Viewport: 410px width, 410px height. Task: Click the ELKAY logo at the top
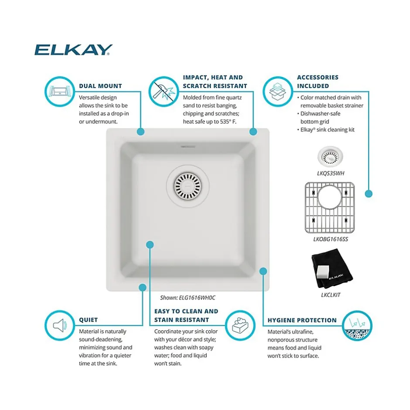pos(73,50)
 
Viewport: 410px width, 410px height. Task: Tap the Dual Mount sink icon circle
pos(60,92)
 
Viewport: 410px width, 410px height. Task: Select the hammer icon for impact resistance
pos(164,92)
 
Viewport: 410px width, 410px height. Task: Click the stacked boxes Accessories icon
pos(278,92)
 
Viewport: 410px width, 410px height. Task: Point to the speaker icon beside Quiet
pos(60,325)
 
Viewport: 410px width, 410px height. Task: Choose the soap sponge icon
pos(240,325)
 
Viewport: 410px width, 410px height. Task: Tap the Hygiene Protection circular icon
pos(357,326)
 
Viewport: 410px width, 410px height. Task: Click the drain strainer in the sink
pos(188,186)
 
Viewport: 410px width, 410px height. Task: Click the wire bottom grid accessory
pos(330,208)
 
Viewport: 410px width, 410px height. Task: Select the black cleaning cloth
pos(332,269)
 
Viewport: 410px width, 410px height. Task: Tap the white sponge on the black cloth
pos(322,272)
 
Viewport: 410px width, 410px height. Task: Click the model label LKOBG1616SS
pos(331,239)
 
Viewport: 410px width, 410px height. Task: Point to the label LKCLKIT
pos(331,295)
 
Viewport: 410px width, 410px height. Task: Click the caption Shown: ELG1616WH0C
pos(188,297)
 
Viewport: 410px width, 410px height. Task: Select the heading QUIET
pos(89,320)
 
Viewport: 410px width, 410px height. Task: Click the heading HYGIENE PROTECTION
pos(302,320)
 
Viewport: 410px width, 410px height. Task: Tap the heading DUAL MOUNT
pos(100,86)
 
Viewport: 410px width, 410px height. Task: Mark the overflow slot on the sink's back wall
pos(188,147)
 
